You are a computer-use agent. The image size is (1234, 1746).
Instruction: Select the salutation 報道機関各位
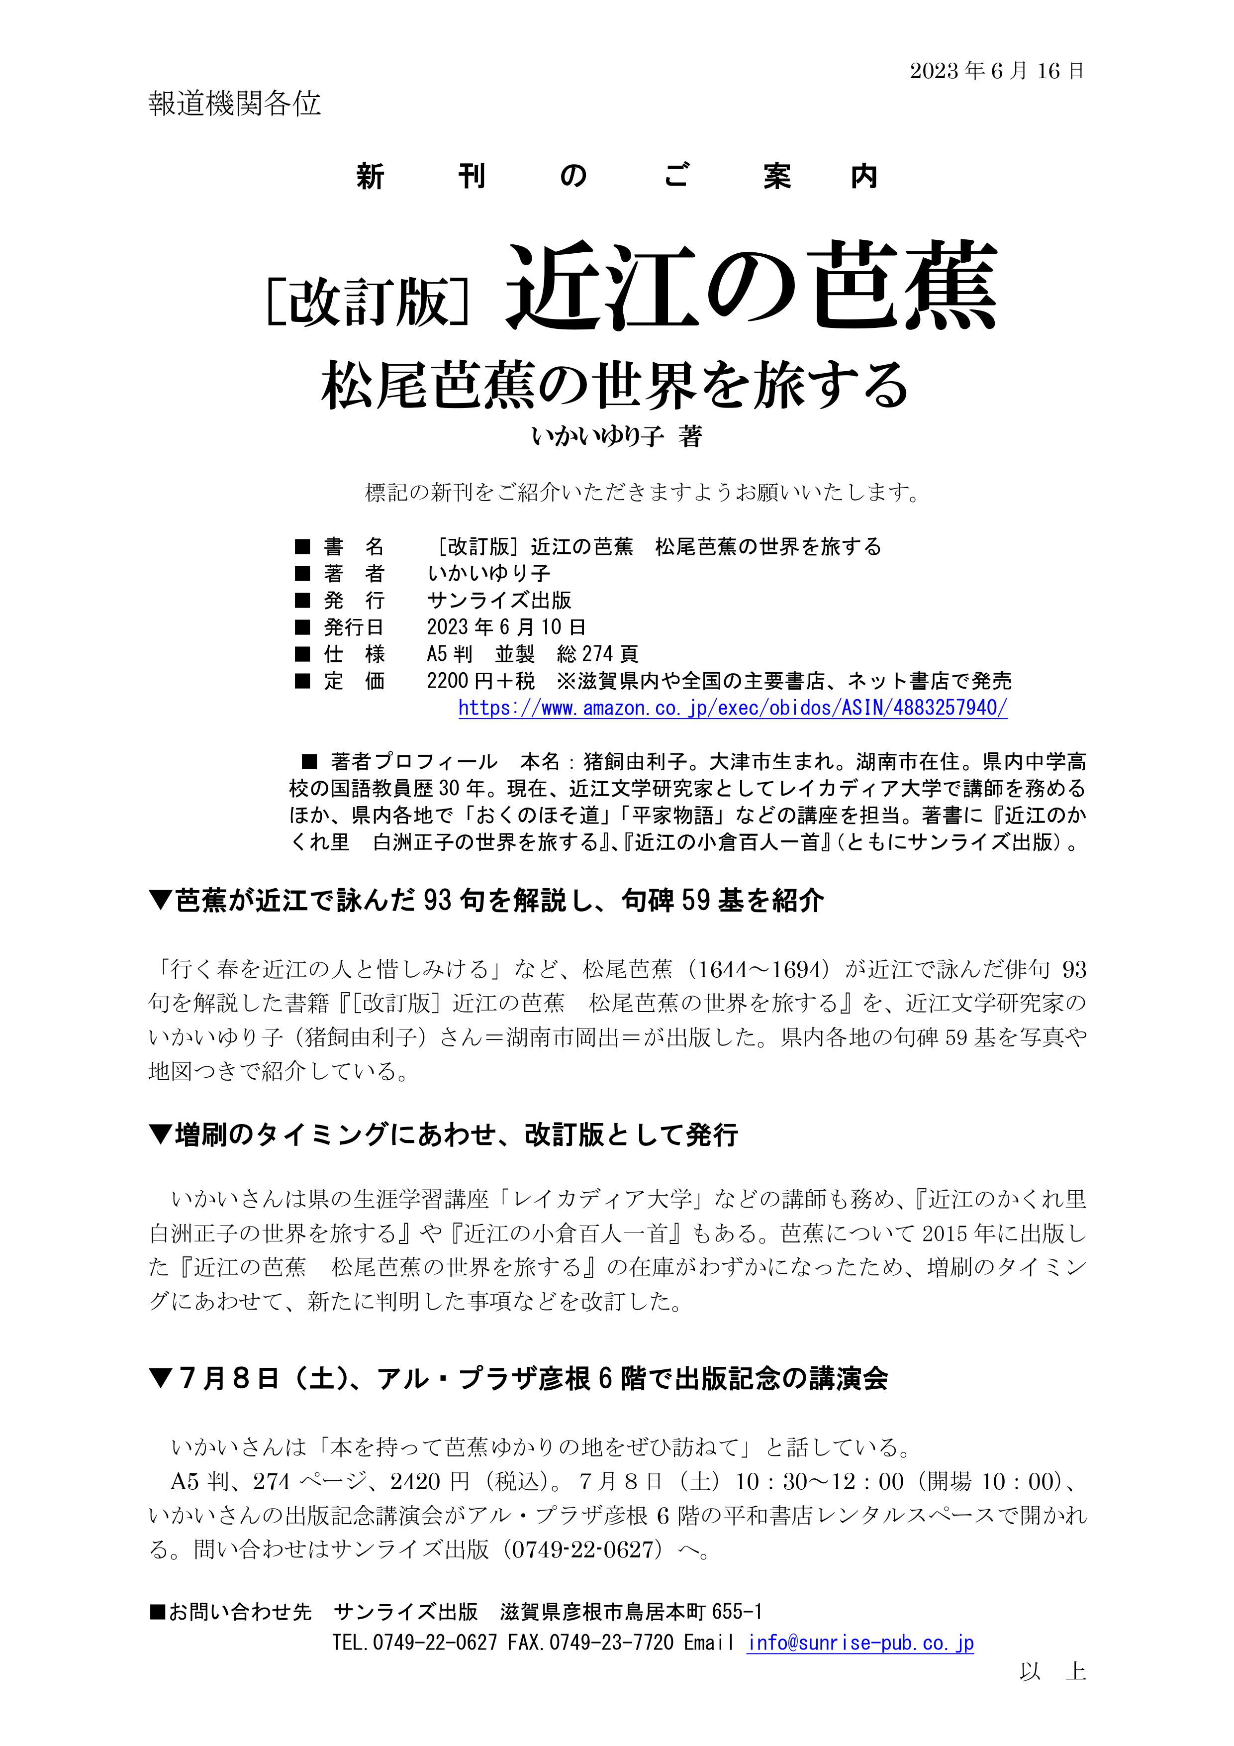[x=234, y=104]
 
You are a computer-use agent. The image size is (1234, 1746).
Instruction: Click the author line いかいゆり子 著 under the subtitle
[x=616, y=436]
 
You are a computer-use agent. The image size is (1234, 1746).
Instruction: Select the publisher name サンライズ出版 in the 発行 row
[x=499, y=600]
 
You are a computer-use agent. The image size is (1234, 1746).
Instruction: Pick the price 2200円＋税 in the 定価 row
[x=480, y=681]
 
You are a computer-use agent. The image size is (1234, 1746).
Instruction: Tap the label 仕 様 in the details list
[x=354, y=654]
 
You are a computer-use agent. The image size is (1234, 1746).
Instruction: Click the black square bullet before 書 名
[x=302, y=547]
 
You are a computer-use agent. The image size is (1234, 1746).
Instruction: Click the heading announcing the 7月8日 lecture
[x=519, y=1379]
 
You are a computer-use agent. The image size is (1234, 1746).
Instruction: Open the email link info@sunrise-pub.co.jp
[x=860, y=1643]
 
